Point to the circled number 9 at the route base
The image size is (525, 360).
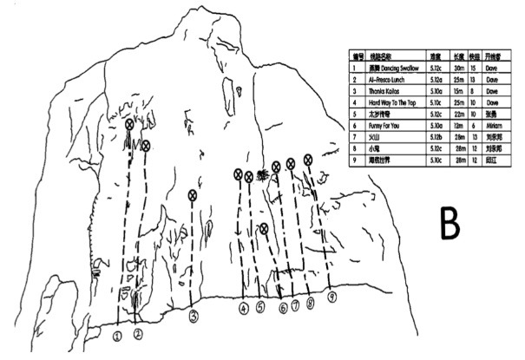(331, 297)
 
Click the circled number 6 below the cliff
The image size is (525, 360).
(283, 307)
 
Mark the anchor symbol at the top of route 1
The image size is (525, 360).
(129, 124)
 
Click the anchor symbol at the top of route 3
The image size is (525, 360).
(193, 194)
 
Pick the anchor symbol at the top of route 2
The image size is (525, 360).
(146, 145)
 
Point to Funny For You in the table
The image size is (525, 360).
(384, 126)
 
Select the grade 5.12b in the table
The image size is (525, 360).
(439, 137)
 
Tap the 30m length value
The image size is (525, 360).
(458, 66)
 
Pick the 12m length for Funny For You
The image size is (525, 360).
(458, 126)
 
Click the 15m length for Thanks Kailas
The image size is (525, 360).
(458, 90)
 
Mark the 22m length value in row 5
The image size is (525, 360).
(458, 114)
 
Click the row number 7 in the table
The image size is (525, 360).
(355, 137)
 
